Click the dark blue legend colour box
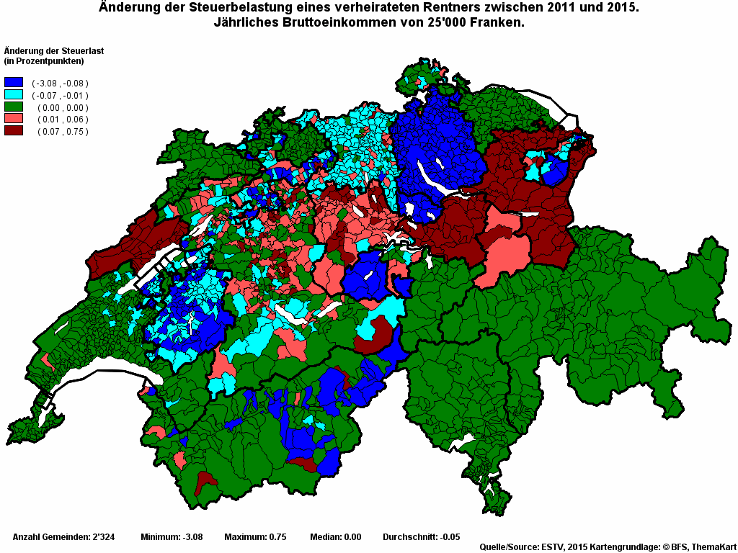[14, 83]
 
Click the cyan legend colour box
[14, 94]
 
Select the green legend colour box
[14, 107]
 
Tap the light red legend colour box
[14, 118]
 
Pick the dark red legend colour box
[14, 130]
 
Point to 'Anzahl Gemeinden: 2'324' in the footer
[61, 537]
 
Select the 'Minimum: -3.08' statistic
[172, 537]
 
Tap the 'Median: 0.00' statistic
[335, 537]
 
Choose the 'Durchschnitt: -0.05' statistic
[421, 537]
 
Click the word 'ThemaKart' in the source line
[713, 547]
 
